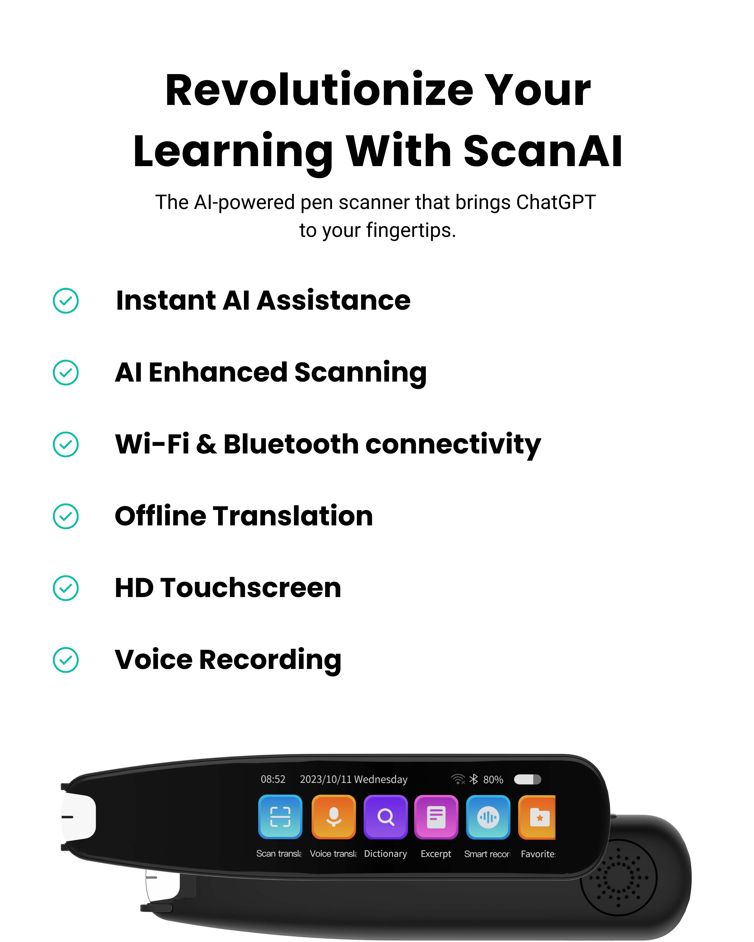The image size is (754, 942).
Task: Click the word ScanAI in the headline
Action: pyautogui.click(x=543, y=151)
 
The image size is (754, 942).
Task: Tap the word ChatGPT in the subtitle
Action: pyautogui.click(x=556, y=202)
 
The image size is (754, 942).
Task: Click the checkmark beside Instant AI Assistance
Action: pyautogui.click(x=65, y=301)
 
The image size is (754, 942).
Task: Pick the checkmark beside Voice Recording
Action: pyautogui.click(x=65, y=660)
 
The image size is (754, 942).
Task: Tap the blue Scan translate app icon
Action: pyautogui.click(x=280, y=817)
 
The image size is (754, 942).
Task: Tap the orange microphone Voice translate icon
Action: pyautogui.click(x=334, y=817)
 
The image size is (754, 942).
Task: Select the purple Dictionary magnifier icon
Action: pyautogui.click(x=386, y=817)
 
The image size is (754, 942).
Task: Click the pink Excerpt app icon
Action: pyautogui.click(x=436, y=817)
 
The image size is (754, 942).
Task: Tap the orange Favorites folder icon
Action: pyautogui.click(x=537, y=817)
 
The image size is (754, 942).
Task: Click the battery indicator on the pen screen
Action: pyautogui.click(x=528, y=779)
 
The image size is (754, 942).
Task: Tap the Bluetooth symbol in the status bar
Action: pyautogui.click(x=473, y=779)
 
